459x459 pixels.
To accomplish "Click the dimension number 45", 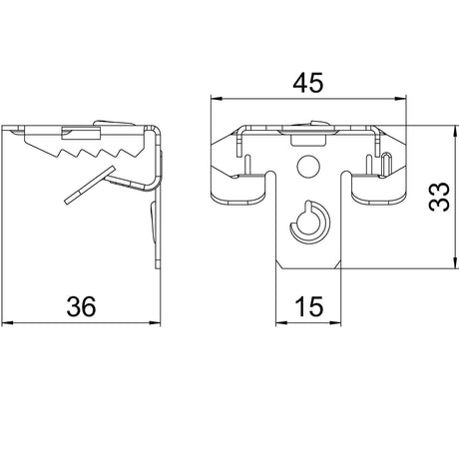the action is [x=307, y=83].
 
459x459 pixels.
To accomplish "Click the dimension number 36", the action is [x=81, y=306].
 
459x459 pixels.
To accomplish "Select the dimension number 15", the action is [x=309, y=306].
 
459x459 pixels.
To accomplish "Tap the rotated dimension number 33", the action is [x=439, y=197].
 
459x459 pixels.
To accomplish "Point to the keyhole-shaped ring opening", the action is [x=310, y=223].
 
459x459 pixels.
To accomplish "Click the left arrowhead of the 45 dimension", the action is [x=217, y=99].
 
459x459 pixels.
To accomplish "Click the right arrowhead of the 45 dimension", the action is [x=400, y=99].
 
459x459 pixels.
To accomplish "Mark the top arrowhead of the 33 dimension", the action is [x=455, y=132].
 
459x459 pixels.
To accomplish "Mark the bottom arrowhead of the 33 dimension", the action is [x=455, y=263].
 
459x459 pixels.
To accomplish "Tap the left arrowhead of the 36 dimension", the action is [x=7, y=322].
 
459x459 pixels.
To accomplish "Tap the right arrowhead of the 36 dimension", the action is [x=155, y=322].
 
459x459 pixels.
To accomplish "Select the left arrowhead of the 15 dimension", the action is [x=281, y=322].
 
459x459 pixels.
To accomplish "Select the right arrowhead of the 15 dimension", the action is [x=335, y=322].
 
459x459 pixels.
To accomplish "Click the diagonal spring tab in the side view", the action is [x=90, y=185].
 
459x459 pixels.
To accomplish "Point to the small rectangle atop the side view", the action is [x=81, y=133].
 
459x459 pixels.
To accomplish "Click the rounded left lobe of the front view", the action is [x=238, y=189].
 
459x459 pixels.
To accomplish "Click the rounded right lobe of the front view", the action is [x=379, y=189].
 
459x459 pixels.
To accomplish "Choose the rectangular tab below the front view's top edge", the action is [x=308, y=140].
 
